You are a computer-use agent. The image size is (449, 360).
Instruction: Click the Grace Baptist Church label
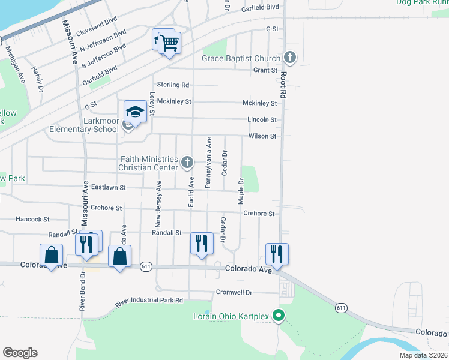241,58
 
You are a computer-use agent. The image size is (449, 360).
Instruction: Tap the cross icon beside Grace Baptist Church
290,58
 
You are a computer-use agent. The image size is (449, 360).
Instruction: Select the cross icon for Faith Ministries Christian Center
188,161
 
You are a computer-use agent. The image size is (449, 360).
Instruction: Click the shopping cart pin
170,43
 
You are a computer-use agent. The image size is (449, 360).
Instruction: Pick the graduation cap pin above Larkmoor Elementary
136,112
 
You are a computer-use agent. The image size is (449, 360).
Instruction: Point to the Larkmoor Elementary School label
84,125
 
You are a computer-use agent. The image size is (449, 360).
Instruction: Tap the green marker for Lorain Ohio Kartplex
278,314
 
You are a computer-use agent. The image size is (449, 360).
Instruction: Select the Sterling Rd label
172,85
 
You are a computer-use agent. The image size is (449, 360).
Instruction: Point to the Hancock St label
32,220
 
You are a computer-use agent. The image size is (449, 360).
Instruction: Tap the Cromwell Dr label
234,293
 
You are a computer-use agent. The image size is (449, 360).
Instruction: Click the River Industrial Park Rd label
149,301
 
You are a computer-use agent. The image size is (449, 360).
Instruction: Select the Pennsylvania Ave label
209,163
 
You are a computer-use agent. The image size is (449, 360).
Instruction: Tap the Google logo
20,353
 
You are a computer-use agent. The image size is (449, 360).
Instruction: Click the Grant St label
264,70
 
